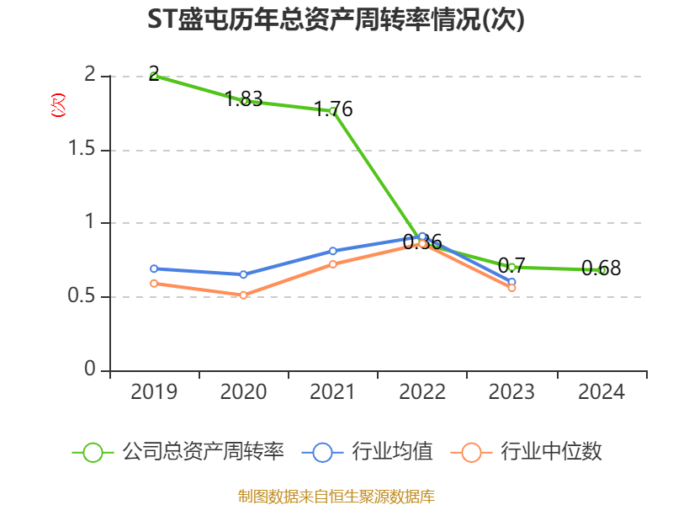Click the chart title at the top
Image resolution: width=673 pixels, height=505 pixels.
pyautogui.click(x=336, y=20)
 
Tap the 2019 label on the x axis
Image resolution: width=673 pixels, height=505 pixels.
pyautogui.click(x=154, y=392)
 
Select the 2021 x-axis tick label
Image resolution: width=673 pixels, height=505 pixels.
pyautogui.click(x=333, y=392)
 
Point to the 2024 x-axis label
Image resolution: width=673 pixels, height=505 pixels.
pyautogui.click(x=601, y=392)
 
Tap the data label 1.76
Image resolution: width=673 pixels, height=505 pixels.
pyautogui.click(x=333, y=109)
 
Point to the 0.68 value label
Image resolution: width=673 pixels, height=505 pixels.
pyautogui.click(x=601, y=268)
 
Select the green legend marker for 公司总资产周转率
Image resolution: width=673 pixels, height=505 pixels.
pyautogui.click(x=93, y=452)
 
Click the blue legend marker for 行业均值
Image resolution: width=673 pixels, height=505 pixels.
pyautogui.click(x=322, y=452)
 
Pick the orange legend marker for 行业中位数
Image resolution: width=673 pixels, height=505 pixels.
pyautogui.click(x=472, y=452)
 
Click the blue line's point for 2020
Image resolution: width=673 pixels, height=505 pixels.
pyautogui.click(x=243, y=274)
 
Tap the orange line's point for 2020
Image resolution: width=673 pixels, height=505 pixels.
pyautogui.click(x=243, y=295)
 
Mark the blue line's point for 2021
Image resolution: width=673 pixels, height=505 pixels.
pyautogui.click(x=333, y=251)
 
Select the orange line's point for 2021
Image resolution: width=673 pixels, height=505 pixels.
pyautogui.click(x=333, y=264)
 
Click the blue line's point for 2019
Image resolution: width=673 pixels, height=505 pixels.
pyautogui.click(x=154, y=268)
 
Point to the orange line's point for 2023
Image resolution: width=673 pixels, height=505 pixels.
pyautogui.click(x=511, y=288)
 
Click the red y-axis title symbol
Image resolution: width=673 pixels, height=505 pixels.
pyautogui.click(x=58, y=104)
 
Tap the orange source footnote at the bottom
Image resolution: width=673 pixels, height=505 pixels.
pyautogui.click(x=336, y=496)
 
